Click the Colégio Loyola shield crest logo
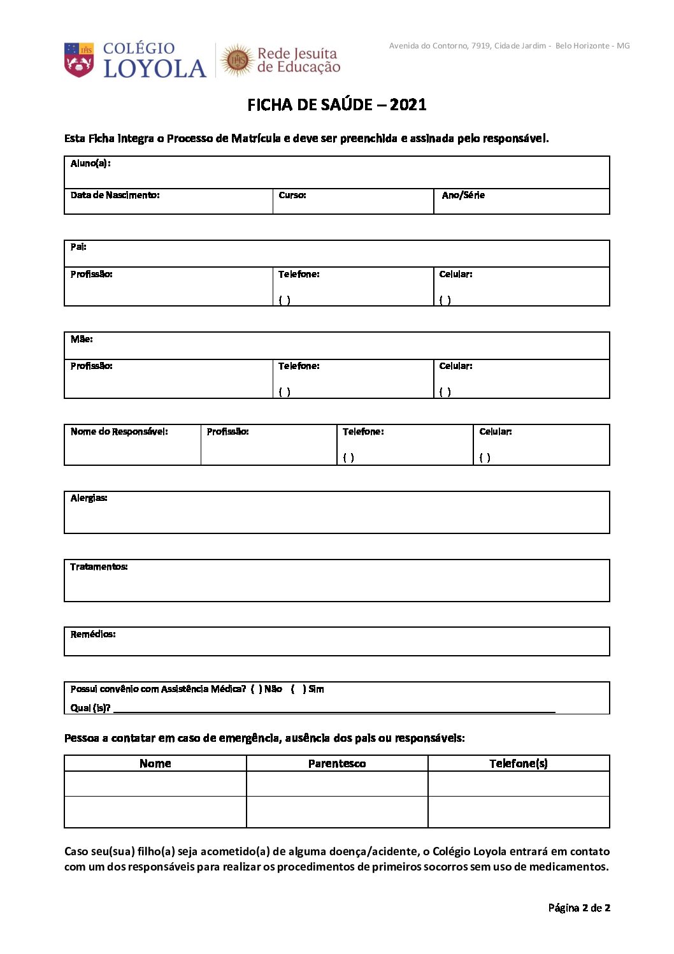[79, 59]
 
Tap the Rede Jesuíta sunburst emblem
[238, 60]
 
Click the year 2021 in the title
[408, 105]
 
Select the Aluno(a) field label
[90, 163]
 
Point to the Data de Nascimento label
[115, 195]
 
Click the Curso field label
[292, 195]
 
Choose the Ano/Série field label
[463, 195]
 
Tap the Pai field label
[78, 247]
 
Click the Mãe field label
[82, 339]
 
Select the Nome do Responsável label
[119, 431]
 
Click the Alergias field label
[89, 498]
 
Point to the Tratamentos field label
[99, 567]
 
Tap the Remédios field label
[93, 634]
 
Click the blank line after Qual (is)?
[334, 709]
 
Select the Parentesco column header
[337, 763]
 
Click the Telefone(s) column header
[519, 763]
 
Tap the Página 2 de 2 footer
[579, 907]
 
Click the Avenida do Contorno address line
[509, 46]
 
